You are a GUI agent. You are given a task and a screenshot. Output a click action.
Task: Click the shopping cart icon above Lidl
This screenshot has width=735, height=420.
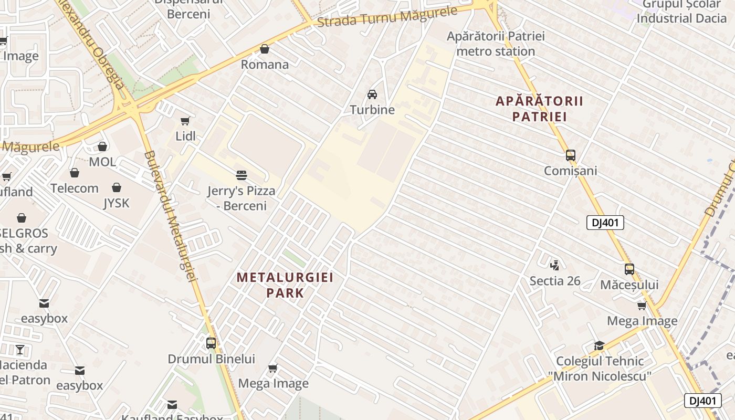tap(185, 121)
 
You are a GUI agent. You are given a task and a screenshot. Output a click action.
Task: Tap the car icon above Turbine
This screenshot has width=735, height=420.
tap(372, 94)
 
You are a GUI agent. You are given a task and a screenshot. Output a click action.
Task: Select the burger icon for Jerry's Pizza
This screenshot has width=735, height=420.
tap(241, 175)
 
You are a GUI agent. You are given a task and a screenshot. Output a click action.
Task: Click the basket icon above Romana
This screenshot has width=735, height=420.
tap(265, 49)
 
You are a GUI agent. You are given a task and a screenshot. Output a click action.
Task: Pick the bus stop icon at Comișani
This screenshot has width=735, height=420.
tap(571, 155)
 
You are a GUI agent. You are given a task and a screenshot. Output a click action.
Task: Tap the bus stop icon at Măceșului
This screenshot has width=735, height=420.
tap(629, 269)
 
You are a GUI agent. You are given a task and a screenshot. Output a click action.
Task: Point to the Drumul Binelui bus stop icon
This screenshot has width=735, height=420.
tap(211, 343)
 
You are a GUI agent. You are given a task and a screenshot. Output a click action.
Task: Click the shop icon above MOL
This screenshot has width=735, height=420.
tap(102, 146)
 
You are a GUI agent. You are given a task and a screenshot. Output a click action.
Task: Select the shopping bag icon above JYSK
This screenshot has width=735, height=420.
tap(117, 187)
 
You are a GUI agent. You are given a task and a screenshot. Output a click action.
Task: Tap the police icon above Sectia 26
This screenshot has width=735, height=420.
tap(555, 265)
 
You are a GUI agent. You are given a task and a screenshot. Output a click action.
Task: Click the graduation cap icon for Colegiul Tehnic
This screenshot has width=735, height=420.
tap(599, 345)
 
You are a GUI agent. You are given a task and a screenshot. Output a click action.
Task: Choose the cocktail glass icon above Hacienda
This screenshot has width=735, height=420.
tap(20, 349)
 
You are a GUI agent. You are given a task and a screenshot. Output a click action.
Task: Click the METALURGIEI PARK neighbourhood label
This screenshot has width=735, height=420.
tap(285, 285)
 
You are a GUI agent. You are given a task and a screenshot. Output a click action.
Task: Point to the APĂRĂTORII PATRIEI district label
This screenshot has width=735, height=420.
tap(540, 109)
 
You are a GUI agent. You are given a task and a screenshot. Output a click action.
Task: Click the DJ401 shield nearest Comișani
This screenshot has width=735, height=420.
tap(605, 223)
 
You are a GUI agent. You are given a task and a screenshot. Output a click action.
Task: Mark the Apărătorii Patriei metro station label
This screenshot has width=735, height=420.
tap(496, 44)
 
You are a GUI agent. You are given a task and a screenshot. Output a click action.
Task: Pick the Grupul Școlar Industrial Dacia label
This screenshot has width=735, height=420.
tap(681, 11)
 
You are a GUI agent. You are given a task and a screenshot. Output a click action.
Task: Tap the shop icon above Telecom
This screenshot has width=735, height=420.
tap(75, 173)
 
